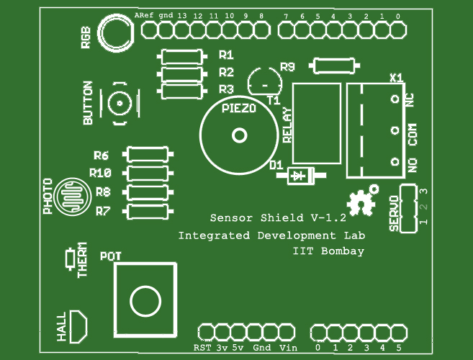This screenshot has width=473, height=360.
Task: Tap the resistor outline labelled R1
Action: pos(182,50)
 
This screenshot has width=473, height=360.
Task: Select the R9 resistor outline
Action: pos(334,58)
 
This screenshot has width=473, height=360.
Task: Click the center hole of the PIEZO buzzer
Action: pos(240,135)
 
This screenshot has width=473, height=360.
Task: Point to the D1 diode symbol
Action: pos(301,176)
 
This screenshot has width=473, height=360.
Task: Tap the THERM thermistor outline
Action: pos(71,259)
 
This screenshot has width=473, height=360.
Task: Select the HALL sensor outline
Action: pos(78,326)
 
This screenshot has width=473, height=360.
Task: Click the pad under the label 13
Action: pos(182,30)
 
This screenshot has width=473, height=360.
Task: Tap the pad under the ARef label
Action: pos(149,30)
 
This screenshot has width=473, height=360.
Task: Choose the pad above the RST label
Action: pos(206,333)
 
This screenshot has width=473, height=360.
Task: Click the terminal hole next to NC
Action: pos(395,99)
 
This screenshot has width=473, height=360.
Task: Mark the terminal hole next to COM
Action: pos(395,130)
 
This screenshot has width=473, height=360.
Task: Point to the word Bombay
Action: pos(343,251)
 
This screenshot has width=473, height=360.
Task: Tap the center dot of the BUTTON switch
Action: pos(120,104)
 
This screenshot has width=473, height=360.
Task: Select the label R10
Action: pos(101,173)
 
